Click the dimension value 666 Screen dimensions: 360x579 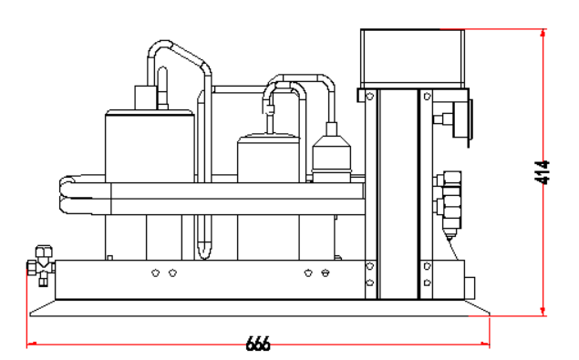click(x=258, y=345)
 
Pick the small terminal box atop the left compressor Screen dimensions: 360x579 click(x=145, y=97)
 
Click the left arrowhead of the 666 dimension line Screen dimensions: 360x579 click(x=32, y=345)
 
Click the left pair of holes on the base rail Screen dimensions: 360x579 click(x=164, y=272)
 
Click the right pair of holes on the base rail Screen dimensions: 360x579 click(x=317, y=272)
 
